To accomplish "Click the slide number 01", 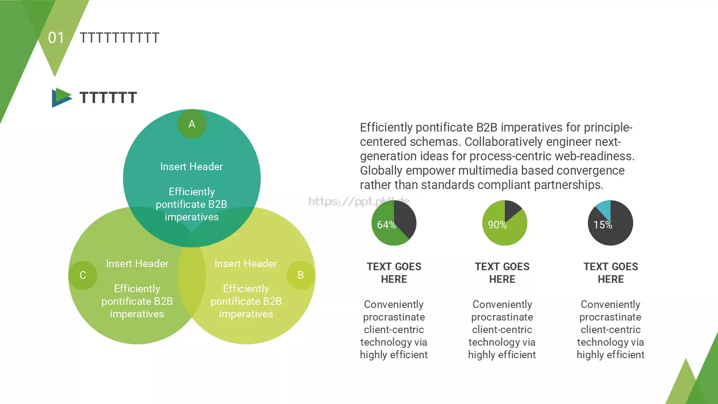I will pos(56,38).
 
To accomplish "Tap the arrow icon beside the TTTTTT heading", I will pos(61,97).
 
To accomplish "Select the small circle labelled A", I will pos(192,124).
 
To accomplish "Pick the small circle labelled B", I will pos(301,275).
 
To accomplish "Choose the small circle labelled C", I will pos(83,275).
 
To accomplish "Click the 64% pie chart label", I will pos(386,225).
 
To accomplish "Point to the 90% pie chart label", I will pos(497,225).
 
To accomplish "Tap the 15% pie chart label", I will pos(603,225).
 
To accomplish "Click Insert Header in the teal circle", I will pos(192,167).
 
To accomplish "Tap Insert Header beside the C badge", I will pos(137,263).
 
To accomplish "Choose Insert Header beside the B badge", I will pos(246,263).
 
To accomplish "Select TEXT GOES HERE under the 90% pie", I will pos(502,273).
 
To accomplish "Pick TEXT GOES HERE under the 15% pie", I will pos(611,273).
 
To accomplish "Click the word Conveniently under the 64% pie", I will pos(394,304).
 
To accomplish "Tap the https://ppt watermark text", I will pos(341,202).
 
